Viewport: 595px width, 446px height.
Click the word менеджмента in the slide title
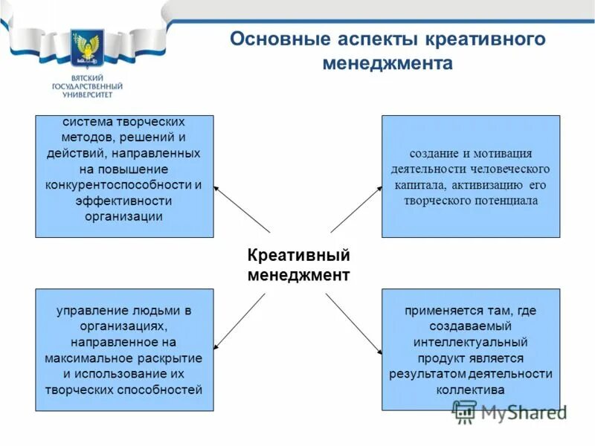click(x=387, y=63)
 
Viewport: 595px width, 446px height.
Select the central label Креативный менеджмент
click(x=298, y=265)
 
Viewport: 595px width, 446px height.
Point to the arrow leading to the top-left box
click(x=239, y=209)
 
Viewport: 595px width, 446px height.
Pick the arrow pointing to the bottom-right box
click(x=354, y=322)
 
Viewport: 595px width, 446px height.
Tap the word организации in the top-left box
click(x=124, y=216)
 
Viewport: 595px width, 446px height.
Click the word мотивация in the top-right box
click(x=505, y=154)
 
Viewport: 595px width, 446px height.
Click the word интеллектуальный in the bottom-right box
click(x=470, y=342)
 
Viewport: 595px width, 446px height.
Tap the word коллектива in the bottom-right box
click(x=470, y=390)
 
